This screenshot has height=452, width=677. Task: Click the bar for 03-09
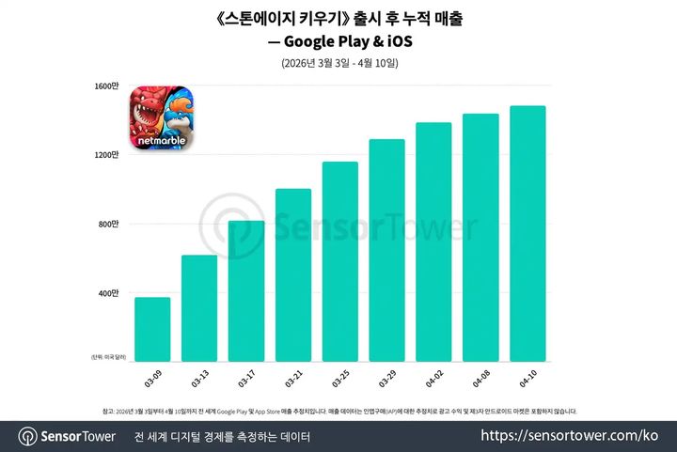[152, 329]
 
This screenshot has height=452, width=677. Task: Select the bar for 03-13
[199, 308]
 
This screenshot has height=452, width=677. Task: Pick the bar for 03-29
[386, 250]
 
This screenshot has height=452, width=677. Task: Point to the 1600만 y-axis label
[107, 86]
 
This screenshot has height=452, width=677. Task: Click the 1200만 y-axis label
[107, 155]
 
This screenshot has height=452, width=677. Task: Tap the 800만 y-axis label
[109, 224]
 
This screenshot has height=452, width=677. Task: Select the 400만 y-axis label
[109, 293]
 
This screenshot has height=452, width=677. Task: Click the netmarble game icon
[158, 117]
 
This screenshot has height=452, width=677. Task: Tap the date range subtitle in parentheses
[339, 64]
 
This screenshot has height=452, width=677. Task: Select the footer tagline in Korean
[222, 437]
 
